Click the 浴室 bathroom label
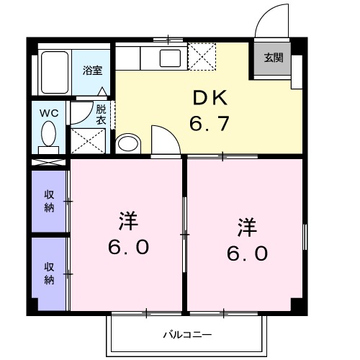click(x=91, y=71)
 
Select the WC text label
click(x=49, y=113)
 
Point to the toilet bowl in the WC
click(x=49, y=134)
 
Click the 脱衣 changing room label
click(x=101, y=114)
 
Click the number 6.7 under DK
click(x=209, y=124)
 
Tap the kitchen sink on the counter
click(x=171, y=57)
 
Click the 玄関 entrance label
click(x=272, y=58)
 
